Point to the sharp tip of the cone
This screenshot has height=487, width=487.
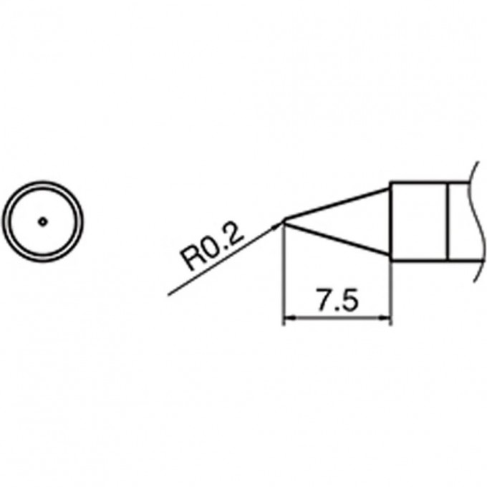click(x=284, y=221)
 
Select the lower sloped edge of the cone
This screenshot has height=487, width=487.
click(x=337, y=240)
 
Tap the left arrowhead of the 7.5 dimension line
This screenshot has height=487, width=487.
click(x=289, y=319)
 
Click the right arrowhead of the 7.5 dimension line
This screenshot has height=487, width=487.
click(x=387, y=319)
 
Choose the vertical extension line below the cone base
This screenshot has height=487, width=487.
click(x=391, y=294)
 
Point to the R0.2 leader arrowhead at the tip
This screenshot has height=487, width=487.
click(x=279, y=226)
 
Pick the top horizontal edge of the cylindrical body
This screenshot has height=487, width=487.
click(x=430, y=183)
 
